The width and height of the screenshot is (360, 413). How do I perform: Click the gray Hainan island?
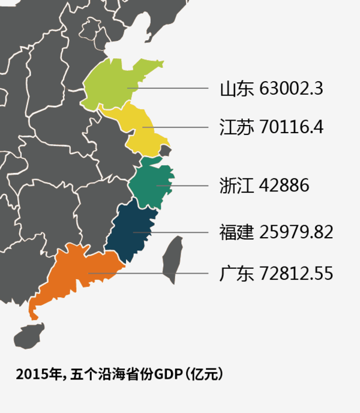[29, 336]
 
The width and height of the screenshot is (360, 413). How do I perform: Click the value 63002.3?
[292, 89]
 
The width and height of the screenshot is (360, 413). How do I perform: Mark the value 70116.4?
[292, 127]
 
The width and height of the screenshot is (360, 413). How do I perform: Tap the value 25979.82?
[296, 232]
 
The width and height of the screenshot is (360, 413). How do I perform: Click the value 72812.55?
[296, 274]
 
